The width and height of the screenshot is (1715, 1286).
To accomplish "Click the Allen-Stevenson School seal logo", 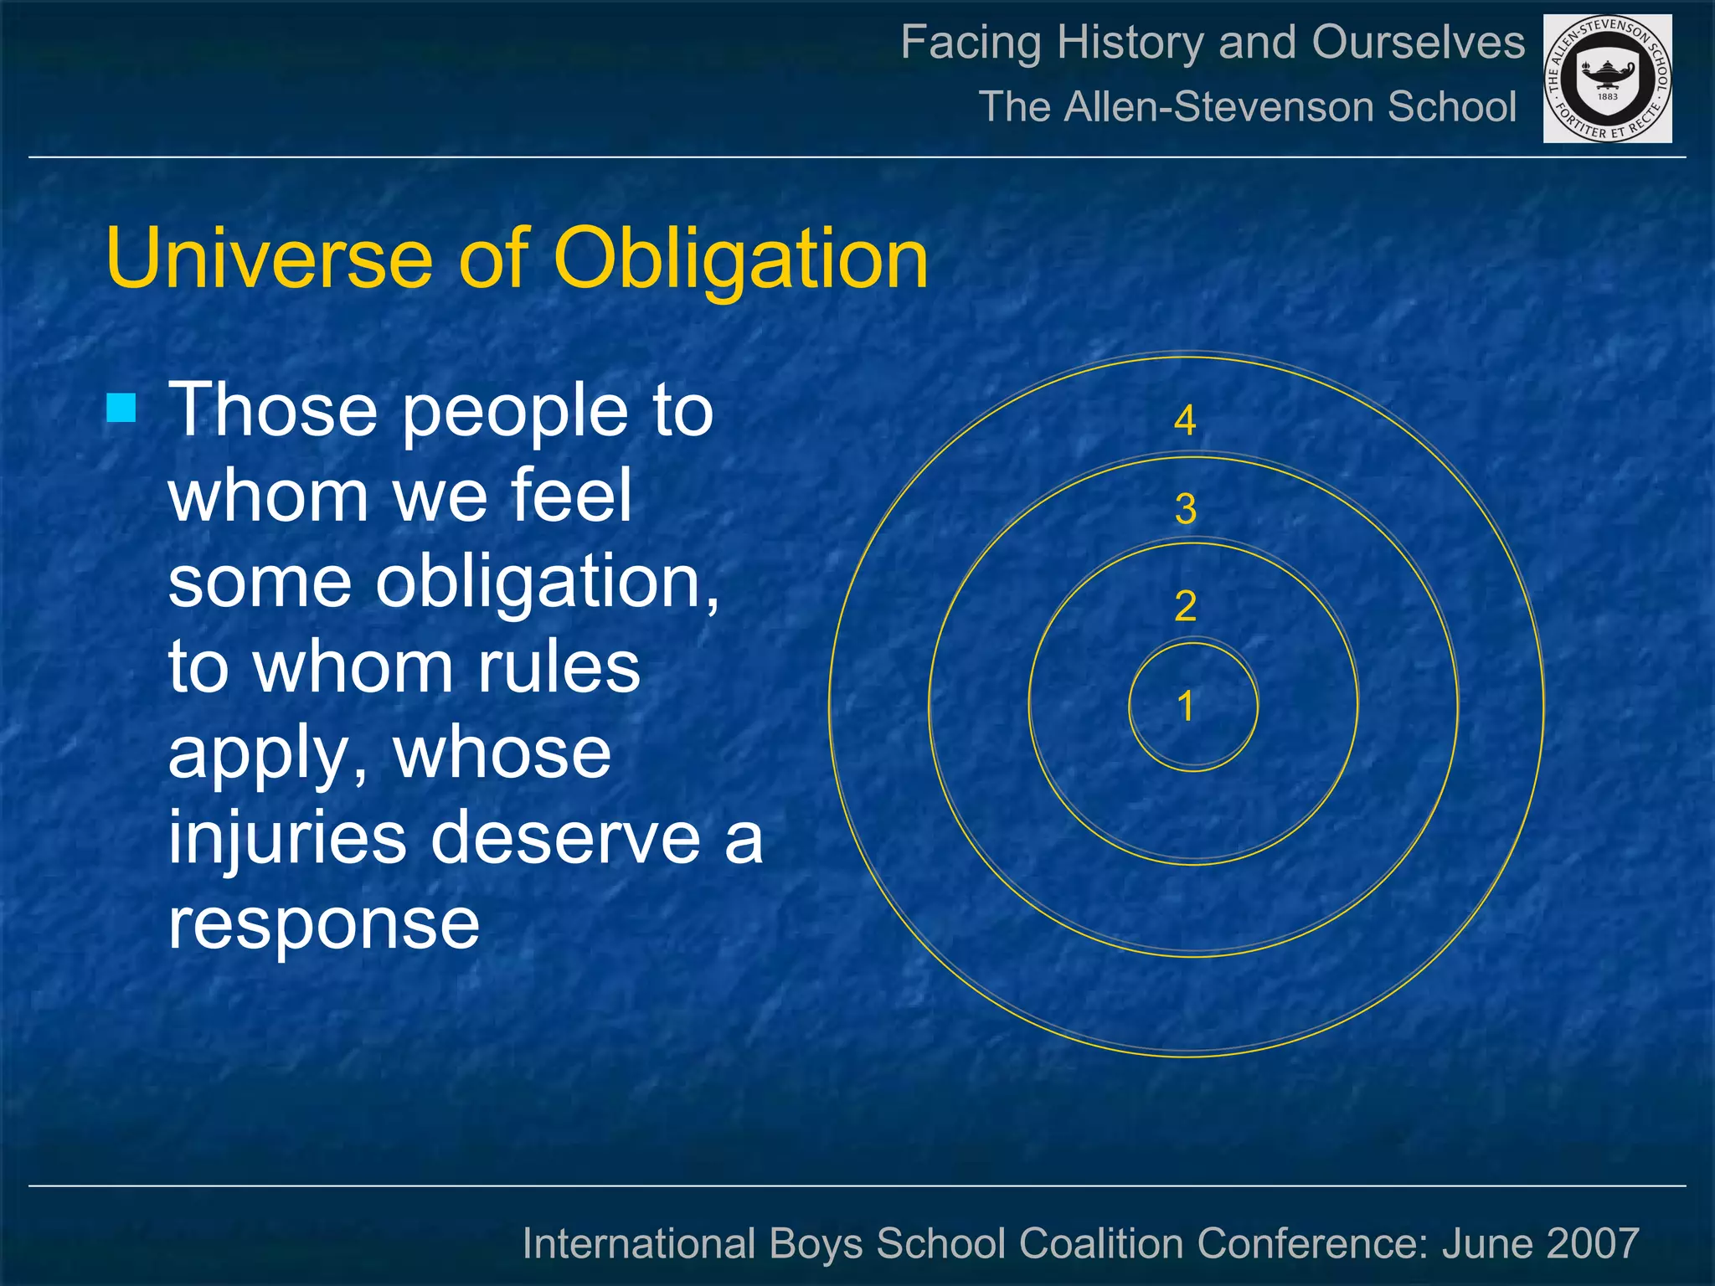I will (1607, 79).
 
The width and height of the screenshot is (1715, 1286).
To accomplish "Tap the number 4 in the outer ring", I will (1185, 420).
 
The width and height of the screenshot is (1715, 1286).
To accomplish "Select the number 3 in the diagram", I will (1185, 509).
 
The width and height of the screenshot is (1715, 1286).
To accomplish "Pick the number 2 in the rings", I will (1185, 606).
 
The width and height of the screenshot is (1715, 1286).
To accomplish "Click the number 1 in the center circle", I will (1185, 706).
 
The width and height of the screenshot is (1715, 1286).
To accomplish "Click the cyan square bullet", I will (121, 408).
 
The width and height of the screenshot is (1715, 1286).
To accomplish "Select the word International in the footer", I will (639, 1242).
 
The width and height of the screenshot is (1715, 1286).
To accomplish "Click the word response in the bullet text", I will (324, 924).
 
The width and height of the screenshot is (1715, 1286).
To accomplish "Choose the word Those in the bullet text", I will (273, 409).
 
